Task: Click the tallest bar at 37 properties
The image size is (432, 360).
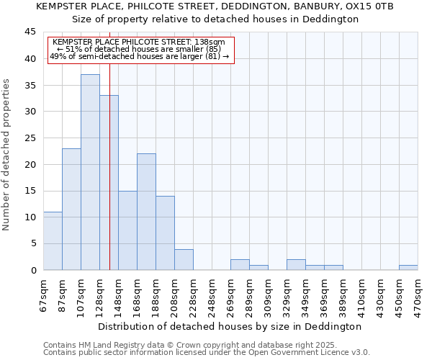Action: pyautogui.click(x=90, y=172)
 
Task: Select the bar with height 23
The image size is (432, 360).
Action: pyautogui.click(x=71, y=209)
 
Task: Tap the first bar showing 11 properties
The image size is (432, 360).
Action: pyautogui.click(x=53, y=240)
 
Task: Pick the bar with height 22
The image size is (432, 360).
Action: pyautogui.click(x=146, y=212)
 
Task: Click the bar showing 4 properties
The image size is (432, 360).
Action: pyautogui.click(x=184, y=259)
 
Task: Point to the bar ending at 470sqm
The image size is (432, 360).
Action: pyautogui.click(x=408, y=267)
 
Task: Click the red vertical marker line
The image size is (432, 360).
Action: pyautogui.click(x=109, y=180)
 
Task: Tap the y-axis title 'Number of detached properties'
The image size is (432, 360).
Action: pyautogui.click(x=7, y=155)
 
